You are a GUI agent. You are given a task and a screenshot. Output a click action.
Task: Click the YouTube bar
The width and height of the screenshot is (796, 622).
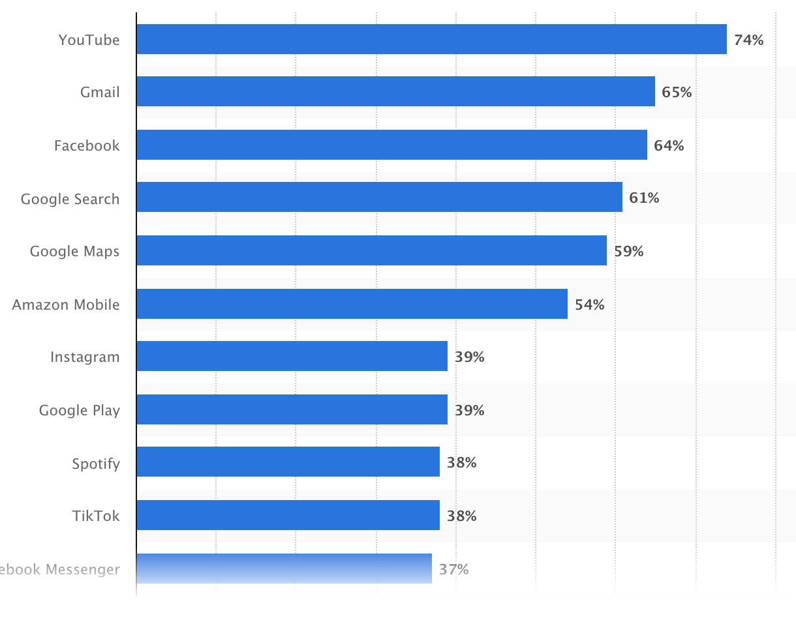point(431,39)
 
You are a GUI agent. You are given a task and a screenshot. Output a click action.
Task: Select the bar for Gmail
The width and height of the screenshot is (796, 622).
point(395,91)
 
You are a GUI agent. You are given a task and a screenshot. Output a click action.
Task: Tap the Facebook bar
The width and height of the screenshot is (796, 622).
point(391,145)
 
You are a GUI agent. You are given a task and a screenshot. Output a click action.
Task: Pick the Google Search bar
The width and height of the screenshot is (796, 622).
point(379,197)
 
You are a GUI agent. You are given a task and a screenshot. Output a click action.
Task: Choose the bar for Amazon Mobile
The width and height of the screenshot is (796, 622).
point(352,304)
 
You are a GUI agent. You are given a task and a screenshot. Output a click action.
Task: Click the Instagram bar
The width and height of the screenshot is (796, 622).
point(292,356)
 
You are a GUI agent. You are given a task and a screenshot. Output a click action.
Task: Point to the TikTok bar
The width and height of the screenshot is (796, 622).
point(288,515)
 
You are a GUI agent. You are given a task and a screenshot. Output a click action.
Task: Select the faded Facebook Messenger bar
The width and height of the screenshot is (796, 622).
point(284,569)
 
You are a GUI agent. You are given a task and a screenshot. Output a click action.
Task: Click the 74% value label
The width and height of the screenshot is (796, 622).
point(748,40)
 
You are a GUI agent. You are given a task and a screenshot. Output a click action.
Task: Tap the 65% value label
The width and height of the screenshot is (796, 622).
point(677,92)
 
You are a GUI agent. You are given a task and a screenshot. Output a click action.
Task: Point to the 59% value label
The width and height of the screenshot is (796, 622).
point(628,251)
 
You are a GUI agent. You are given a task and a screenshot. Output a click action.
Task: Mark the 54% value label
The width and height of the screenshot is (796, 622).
point(589,304)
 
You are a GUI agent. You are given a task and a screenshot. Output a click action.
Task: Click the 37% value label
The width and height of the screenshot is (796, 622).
point(453,569)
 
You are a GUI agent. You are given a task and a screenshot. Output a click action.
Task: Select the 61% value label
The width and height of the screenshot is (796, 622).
point(644,198)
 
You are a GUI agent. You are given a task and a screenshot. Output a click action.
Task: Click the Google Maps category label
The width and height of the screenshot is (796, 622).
point(74,251)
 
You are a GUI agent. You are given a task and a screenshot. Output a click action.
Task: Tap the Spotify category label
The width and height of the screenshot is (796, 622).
point(96,464)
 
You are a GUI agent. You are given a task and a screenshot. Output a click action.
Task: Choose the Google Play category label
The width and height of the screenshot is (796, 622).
point(79,410)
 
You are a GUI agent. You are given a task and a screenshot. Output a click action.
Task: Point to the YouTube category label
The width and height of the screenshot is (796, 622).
point(89,40)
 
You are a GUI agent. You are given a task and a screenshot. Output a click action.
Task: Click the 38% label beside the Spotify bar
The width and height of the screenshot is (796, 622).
point(461,462)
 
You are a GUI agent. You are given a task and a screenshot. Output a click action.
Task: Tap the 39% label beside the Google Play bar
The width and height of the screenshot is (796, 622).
point(469,410)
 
